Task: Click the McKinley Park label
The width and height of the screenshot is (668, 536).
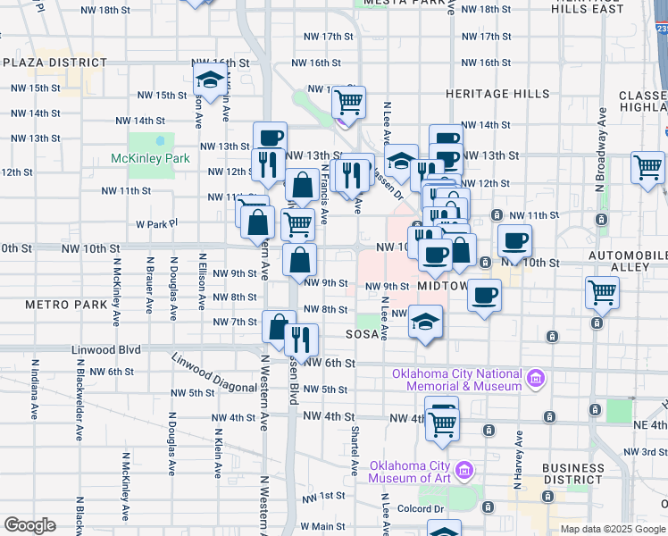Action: tap(151, 158)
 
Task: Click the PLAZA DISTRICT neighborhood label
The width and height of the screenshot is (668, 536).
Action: tap(54, 63)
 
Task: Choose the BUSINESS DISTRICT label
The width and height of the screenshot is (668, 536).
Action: tap(573, 474)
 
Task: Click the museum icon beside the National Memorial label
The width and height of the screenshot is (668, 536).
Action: tap(536, 379)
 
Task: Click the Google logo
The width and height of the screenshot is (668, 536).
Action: tap(29, 525)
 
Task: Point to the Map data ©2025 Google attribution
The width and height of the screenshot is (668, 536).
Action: tap(612, 529)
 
